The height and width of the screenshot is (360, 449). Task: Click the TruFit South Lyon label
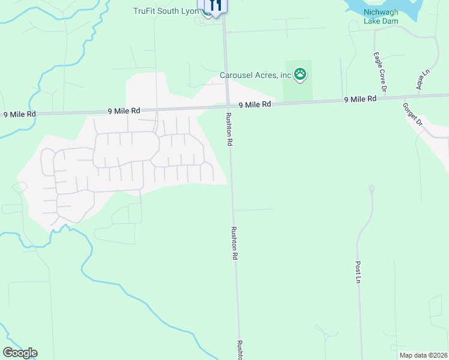point(165,10)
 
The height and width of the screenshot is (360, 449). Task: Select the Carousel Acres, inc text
point(255,75)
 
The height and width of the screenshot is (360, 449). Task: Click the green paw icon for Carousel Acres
point(300,74)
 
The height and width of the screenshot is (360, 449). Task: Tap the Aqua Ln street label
point(424,80)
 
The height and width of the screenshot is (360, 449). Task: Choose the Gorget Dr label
point(414,113)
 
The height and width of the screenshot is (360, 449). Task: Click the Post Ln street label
point(358,272)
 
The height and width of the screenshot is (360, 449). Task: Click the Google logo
point(20,353)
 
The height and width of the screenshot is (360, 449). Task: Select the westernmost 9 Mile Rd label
point(20,114)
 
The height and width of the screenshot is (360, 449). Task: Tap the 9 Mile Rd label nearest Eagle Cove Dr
point(360,99)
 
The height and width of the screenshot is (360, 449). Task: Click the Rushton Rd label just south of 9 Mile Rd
point(229,130)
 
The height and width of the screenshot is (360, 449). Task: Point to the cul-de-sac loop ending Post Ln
point(372,189)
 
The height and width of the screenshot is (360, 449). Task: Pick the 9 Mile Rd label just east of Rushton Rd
point(255,104)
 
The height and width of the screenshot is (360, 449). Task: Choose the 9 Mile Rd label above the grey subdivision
point(124,111)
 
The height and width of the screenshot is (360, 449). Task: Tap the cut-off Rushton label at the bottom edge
point(240,350)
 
